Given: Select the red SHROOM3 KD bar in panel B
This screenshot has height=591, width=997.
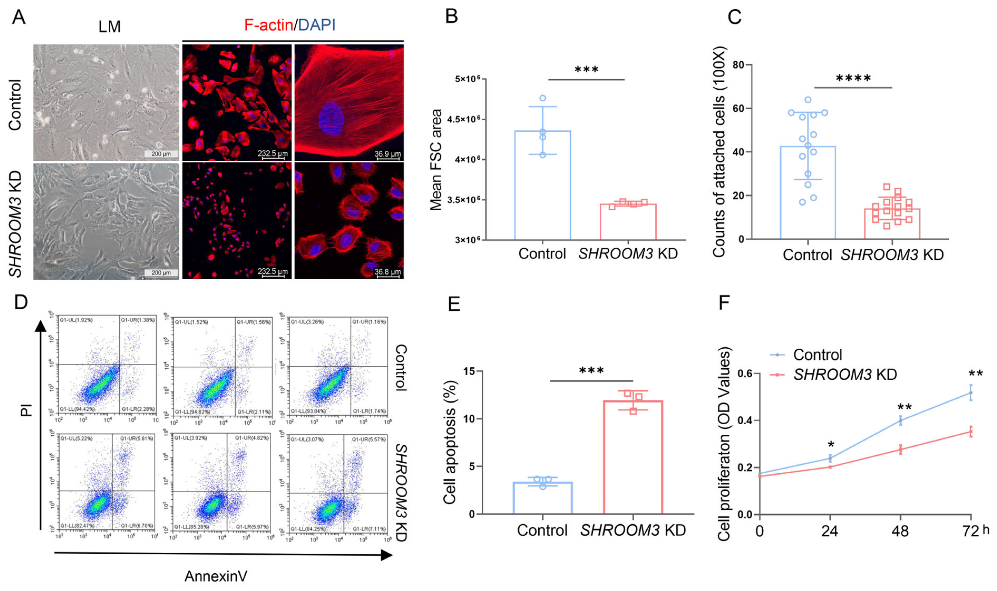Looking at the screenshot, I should [x=628, y=222].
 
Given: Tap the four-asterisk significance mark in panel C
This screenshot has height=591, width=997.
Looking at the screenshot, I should [x=853, y=78].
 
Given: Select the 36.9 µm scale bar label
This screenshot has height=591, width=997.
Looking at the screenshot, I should [x=387, y=154].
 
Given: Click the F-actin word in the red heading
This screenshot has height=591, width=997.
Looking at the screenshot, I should [x=268, y=25].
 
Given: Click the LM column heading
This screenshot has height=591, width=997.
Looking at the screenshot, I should [x=110, y=27].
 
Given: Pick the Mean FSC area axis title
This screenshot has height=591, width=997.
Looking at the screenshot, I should [x=436, y=160].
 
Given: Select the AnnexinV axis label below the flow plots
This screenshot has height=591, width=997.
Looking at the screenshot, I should [x=216, y=576].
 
